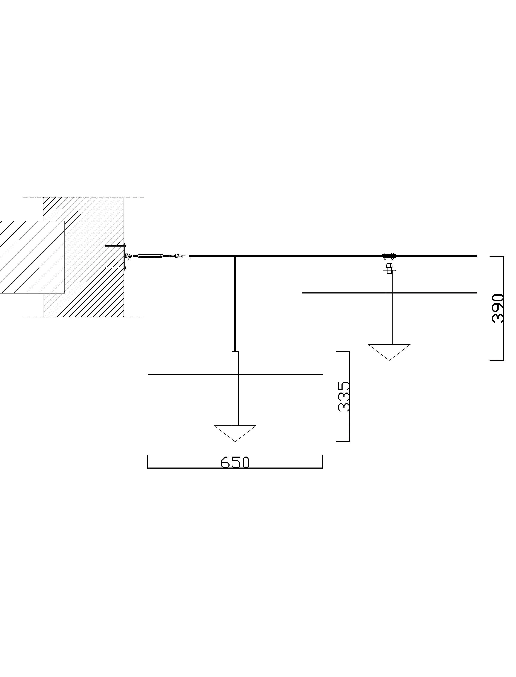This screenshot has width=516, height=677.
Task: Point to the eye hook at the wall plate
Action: (127, 256)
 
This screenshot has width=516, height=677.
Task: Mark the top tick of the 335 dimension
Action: (343, 351)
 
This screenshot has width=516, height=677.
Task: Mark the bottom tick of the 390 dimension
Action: (497, 360)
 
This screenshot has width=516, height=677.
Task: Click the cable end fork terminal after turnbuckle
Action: (177, 255)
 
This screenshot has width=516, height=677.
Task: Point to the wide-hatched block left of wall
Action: (31, 257)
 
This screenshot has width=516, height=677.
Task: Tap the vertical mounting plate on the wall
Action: (124, 257)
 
